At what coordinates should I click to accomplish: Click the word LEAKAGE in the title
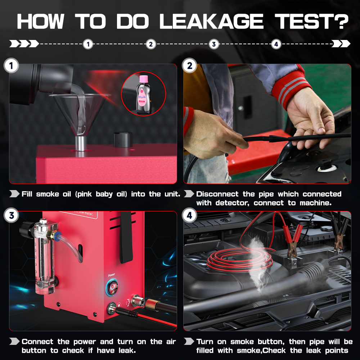point(211,21)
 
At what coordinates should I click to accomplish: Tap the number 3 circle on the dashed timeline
point(214,44)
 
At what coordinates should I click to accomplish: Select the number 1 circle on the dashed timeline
point(88,44)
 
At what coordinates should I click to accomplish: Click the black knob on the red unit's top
point(123,139)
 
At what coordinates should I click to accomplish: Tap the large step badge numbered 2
point(190,66)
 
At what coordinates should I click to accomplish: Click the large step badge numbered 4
point(190,216)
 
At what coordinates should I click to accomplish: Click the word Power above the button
point(112,275)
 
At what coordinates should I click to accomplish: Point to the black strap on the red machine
point(126,237)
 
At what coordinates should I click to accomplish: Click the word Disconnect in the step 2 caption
point(217,194)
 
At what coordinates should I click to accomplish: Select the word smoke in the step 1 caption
point(48,194)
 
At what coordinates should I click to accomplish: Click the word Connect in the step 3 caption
point(37,341)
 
